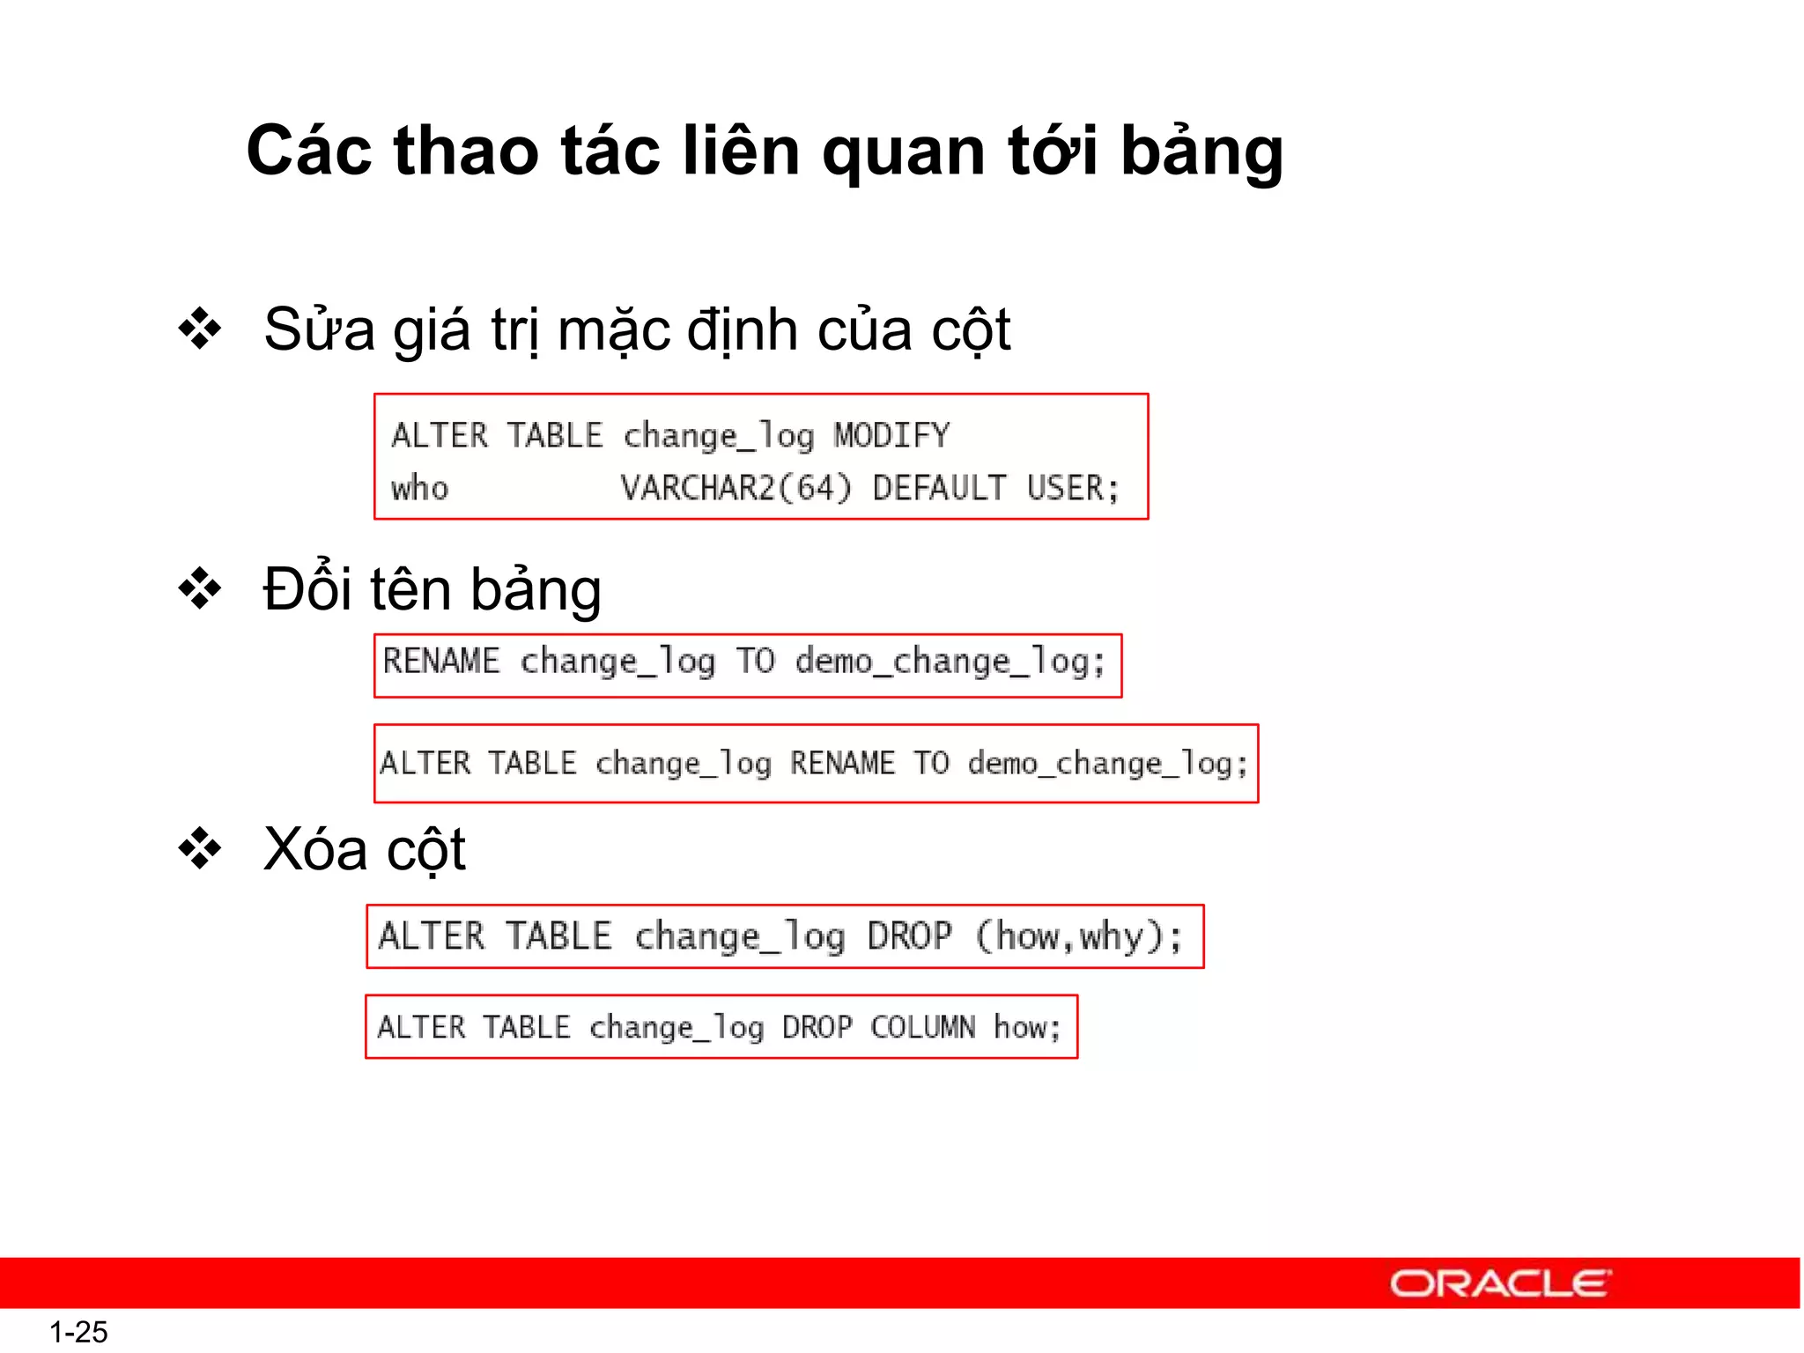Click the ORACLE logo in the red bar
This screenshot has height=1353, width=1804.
point(1500,1283)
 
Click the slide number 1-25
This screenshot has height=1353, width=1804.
point(78,1332)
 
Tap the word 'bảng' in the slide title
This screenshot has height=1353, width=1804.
point(1201,152)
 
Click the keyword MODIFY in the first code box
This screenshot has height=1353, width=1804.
point(891,435)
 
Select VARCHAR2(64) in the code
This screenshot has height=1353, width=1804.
point(736,487)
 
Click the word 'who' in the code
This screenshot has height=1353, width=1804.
point(419,487)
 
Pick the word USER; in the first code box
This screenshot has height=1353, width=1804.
point(1073,487)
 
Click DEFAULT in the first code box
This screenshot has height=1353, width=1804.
point(939,487)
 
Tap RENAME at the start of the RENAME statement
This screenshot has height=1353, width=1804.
point(440,661)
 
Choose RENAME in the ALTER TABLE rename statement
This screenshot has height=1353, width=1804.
point(841,763)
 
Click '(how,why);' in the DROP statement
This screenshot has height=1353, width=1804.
point(1080,935)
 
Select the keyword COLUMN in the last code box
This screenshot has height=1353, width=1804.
point(922,1027)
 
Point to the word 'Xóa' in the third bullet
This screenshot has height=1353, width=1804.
point(315,849)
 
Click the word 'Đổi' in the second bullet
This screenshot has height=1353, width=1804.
point(307,588)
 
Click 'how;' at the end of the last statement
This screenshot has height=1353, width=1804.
point(1027,1027)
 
